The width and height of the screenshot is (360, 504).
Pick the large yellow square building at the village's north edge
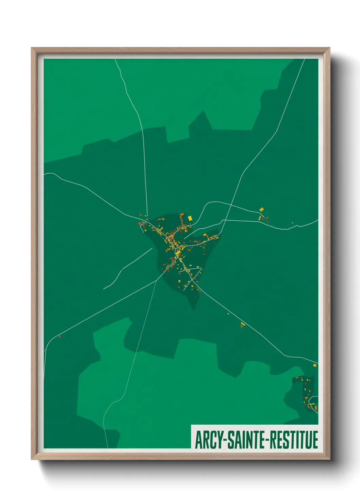[x=190, y=218]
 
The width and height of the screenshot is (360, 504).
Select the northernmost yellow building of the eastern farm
[x=261, y=209]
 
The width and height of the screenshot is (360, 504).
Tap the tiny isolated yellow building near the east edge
[x=292, y=223]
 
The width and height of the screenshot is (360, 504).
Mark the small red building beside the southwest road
[x=60, y=336]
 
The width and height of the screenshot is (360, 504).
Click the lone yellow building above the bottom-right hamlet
[x=314, y=365]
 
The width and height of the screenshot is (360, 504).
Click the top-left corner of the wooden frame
[x=32, y=48]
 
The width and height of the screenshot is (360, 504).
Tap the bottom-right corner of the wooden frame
[x=329, y=459]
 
